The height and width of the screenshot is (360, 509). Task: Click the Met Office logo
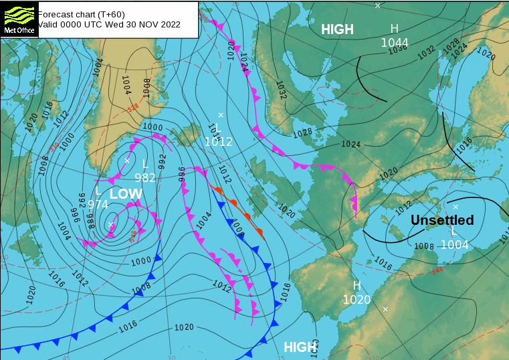tap(18, 19)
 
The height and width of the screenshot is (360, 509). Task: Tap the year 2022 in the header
tap(169, 24)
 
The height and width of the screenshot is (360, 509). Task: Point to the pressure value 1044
tap(395, 43)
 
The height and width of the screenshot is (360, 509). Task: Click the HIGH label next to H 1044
tap(337, 29)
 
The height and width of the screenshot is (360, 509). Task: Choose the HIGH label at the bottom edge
tap(300, 347)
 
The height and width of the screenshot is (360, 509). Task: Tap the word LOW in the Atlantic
tap(126, 194)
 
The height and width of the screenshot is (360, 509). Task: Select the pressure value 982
tap(145, 177)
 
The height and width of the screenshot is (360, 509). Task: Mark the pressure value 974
tap(98, 205)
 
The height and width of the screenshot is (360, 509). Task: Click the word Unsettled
tap(442, 220)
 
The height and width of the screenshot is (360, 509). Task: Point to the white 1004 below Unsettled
tap(455, 245)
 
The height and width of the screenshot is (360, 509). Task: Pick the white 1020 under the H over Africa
tap(357, 300)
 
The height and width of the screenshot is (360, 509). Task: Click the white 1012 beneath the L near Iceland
tap(219, 142)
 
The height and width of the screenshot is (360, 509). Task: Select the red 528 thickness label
tap(132, 108)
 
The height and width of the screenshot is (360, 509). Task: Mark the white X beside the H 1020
tap(385, 308)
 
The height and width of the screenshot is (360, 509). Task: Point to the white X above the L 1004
tap(455, 207)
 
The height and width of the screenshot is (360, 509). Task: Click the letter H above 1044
tap(394, 29)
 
